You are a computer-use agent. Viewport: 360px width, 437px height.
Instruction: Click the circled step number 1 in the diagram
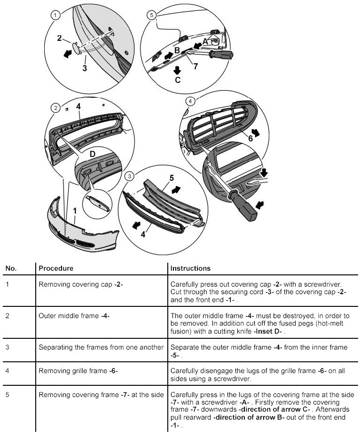[56, 16]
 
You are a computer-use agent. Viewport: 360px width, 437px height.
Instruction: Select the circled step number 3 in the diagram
[130, 177]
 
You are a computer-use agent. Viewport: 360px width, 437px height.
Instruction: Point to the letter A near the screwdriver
[204, 42]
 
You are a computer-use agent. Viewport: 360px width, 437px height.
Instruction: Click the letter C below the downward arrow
[177, 80]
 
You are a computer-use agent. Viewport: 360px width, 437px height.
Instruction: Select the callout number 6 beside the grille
[250, 138]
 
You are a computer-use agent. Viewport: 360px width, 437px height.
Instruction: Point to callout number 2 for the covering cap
[60, 38]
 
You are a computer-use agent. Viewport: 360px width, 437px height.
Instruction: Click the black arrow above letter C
[177, 70]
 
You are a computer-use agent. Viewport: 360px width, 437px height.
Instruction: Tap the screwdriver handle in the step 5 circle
[221, 56]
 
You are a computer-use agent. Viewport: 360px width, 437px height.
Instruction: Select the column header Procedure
[56, 268]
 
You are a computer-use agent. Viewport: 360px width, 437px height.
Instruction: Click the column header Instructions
[190, 268]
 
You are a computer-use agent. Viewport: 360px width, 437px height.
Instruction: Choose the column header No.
[11, 268]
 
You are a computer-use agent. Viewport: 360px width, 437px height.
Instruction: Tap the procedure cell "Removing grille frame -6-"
[78, 371]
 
